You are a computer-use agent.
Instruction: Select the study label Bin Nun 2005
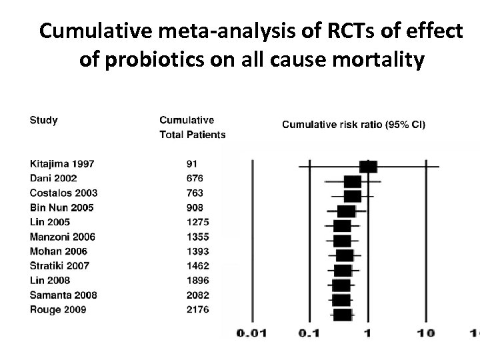click(x=62, y=207)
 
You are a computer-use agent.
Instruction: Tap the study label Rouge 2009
click(x=57, y=309)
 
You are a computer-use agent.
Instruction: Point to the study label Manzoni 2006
click(x=63, y=237)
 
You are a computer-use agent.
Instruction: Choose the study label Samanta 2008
click(x=63, y=295)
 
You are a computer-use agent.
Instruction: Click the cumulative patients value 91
click(x=192, y=163)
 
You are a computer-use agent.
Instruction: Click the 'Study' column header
click(x=43, y=121)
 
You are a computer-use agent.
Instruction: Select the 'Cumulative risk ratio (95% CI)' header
click(x=354, y=124)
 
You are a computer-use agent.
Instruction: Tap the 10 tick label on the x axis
click(x=426, y=333)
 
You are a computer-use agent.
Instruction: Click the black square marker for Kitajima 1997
click(x=368, y=166)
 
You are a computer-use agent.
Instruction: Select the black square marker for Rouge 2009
click(x=342, y=314)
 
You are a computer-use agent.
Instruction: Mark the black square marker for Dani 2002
click(x=353, y=181)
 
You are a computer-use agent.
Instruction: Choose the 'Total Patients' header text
click(x=192, y=135)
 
